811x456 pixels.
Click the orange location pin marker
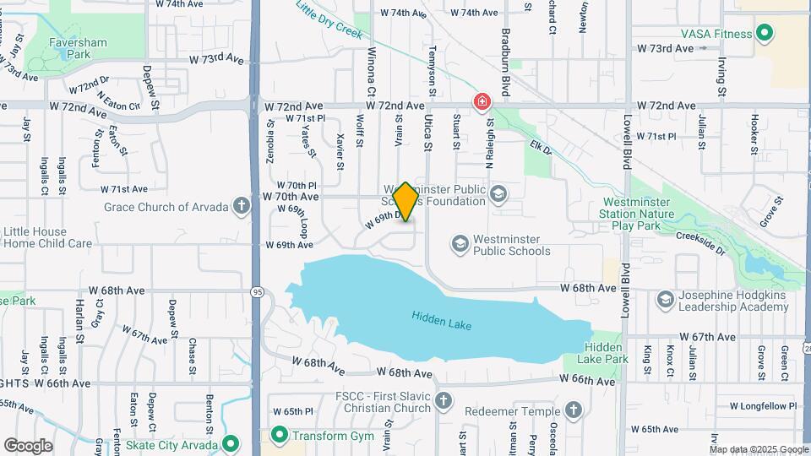coord(405,202)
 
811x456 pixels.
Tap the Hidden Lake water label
coord(441,321)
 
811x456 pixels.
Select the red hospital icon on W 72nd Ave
coord(482,102)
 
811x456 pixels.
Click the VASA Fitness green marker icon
coord(765,35)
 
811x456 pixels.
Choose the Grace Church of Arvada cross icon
coord(242,206)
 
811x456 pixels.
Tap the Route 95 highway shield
coord(255,291)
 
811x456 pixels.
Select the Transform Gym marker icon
coord(279,435)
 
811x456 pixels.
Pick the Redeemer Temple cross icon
coord(574,410)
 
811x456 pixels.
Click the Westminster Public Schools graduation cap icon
coord(460,245)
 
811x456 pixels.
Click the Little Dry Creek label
coord(329,19)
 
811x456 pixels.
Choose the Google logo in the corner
coord(28,446)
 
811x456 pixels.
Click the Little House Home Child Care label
coord(46,237)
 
